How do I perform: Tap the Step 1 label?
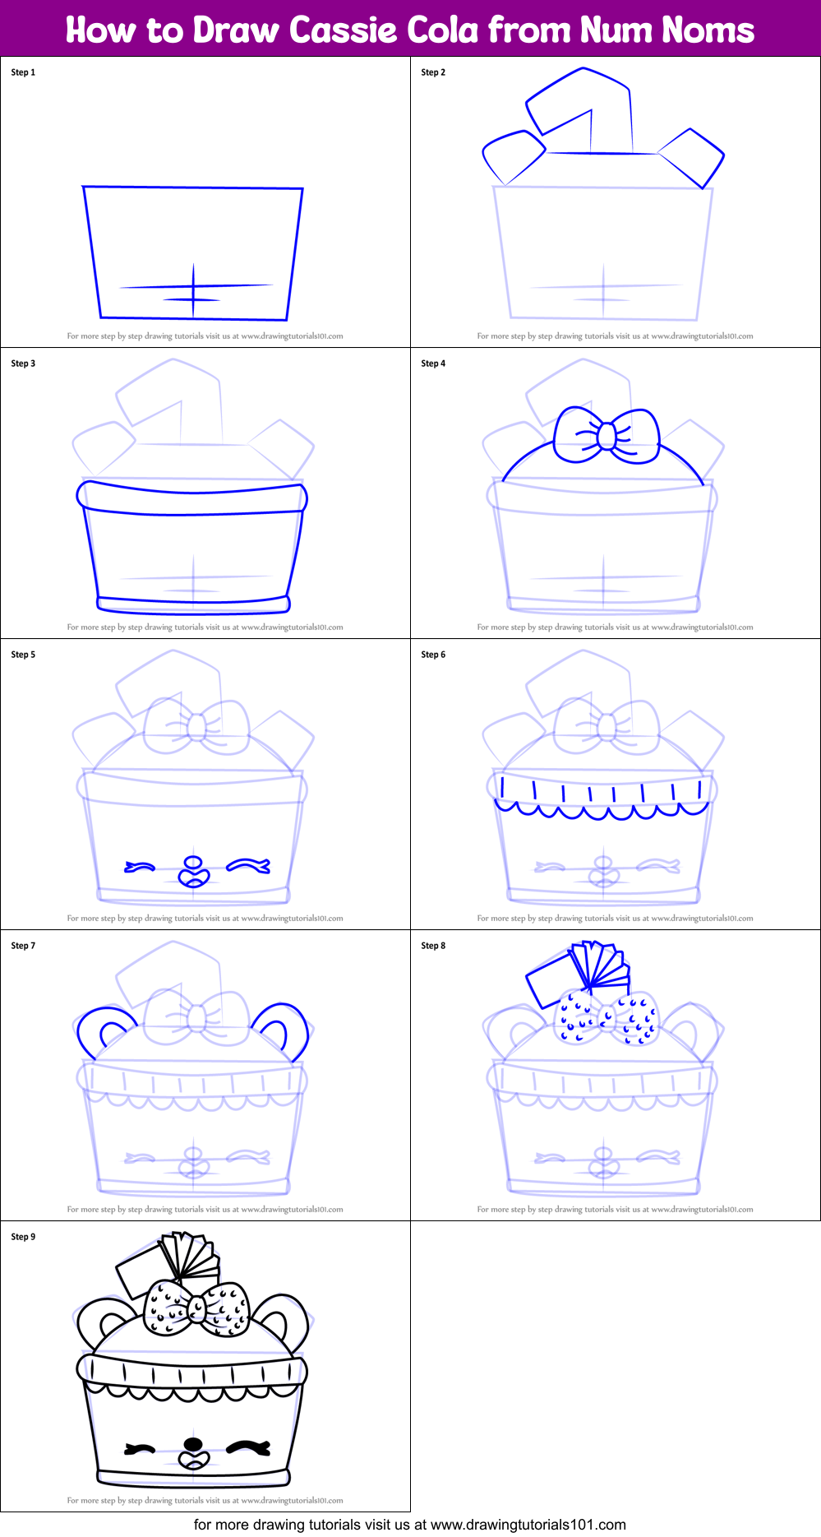tap(23, 72)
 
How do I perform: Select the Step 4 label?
tap(433, 363)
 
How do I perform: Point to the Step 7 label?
tap(23, 946)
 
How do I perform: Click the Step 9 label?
tap(23, 1237)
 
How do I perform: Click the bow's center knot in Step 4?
tap(606, 435)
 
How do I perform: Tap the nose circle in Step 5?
tap(193, 863)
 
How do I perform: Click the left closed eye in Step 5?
tap(140, 866)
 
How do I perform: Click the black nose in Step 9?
tap(193, 1444)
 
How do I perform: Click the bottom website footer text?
tap(409, 1525)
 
